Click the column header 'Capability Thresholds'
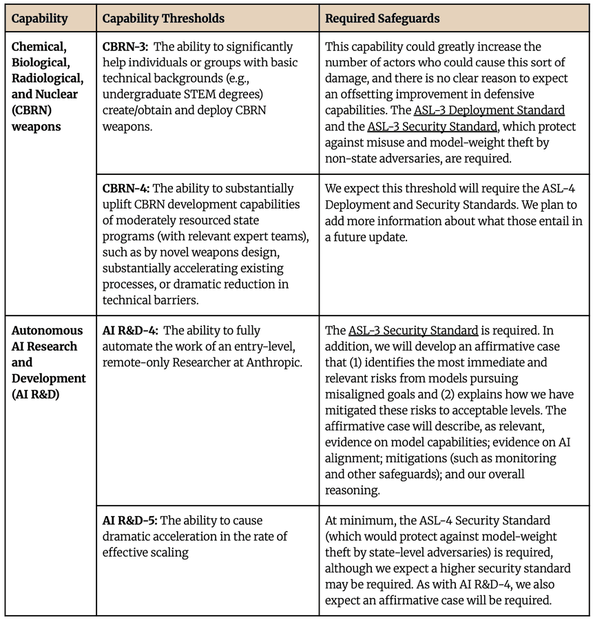point(163,19)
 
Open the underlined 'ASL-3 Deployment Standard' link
point(489,110)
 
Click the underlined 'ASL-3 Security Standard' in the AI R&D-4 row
point(413,331)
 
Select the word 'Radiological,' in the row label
point(44,79)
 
